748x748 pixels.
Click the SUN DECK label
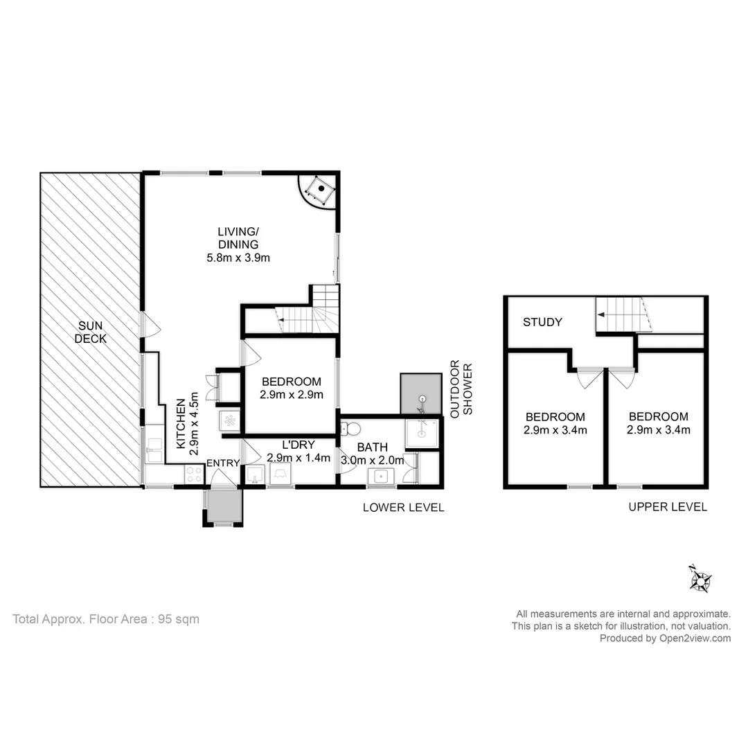91,332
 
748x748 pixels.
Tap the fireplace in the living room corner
320,188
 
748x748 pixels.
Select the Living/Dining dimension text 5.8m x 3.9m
238,258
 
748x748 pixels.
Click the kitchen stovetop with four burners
194,474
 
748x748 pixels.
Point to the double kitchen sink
154,450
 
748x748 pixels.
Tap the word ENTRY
223,463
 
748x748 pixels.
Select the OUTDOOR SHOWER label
461,387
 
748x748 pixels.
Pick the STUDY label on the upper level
542,322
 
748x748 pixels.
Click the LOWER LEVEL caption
403,508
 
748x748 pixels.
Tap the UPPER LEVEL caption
668,507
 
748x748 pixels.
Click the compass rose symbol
700,579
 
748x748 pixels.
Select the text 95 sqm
177,619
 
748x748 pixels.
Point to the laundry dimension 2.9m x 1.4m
298,458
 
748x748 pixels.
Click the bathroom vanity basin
380,476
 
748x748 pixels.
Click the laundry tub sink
254,475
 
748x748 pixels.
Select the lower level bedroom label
290,381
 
